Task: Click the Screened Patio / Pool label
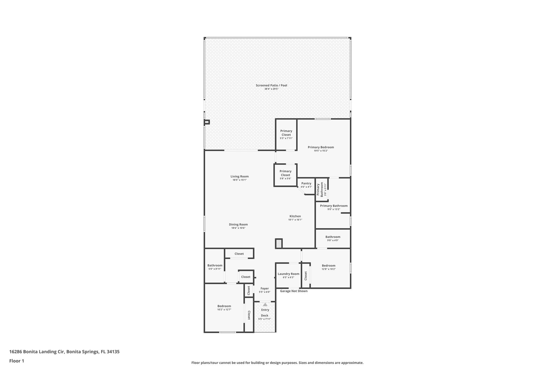271,85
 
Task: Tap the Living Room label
240,177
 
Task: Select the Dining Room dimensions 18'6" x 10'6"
238,228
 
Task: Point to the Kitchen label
295,216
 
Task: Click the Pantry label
306,183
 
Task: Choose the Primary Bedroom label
321,147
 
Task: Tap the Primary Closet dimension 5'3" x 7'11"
286,138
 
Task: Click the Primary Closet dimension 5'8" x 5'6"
285,179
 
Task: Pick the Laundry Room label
288,274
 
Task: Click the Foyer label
265,289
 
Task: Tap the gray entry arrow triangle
265,304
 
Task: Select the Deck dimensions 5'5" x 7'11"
265,319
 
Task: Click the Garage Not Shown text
293,291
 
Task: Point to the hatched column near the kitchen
279,243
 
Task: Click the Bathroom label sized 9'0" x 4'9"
333,237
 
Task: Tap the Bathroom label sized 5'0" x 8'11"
215,266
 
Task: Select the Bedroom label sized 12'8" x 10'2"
328,266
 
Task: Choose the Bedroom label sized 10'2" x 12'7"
224,306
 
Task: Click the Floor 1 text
17,361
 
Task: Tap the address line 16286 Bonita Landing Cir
37,352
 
